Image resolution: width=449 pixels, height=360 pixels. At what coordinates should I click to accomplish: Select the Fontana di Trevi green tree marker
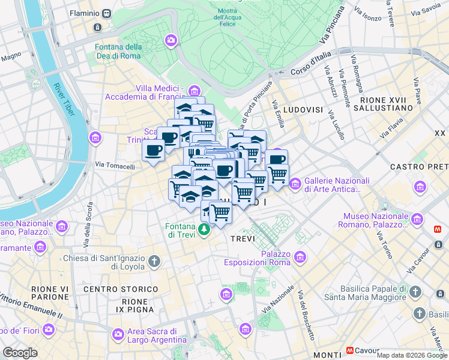pyautogui.click(x=205, y=229)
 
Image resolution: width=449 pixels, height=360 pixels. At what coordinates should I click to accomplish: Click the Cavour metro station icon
pyautogui.click(x=350, y=350)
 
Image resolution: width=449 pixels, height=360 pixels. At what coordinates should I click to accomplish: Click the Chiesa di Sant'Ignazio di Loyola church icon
pyautogui.click(x=155, y=261)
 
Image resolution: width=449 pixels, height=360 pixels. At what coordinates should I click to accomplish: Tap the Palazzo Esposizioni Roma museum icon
pyautogui.click(x=300, y=257)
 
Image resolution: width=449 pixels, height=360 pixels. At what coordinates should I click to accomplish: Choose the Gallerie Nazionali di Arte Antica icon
pyautogui.click(x=295, y=184)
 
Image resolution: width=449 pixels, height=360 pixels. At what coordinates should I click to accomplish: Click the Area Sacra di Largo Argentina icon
pyautogui.click(x=118, y=333)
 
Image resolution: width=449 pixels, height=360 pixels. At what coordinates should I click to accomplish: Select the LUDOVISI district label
pyautogui.click(x=303, y=110)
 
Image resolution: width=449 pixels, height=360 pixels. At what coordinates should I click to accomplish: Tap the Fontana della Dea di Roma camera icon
pyautogui.click(x=171, y=40)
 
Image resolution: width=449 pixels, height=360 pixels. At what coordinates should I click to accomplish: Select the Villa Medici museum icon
pyautogui.click(x=193, y=91)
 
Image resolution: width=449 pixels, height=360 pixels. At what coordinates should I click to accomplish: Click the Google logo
pyautogui.click(x=20, y=353)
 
